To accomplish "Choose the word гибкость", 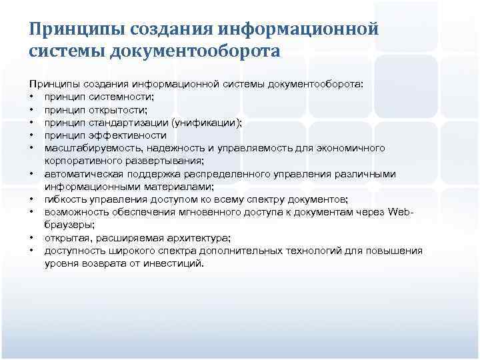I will tap(67, 199).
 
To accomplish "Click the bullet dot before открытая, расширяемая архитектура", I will tap(32, 238).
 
